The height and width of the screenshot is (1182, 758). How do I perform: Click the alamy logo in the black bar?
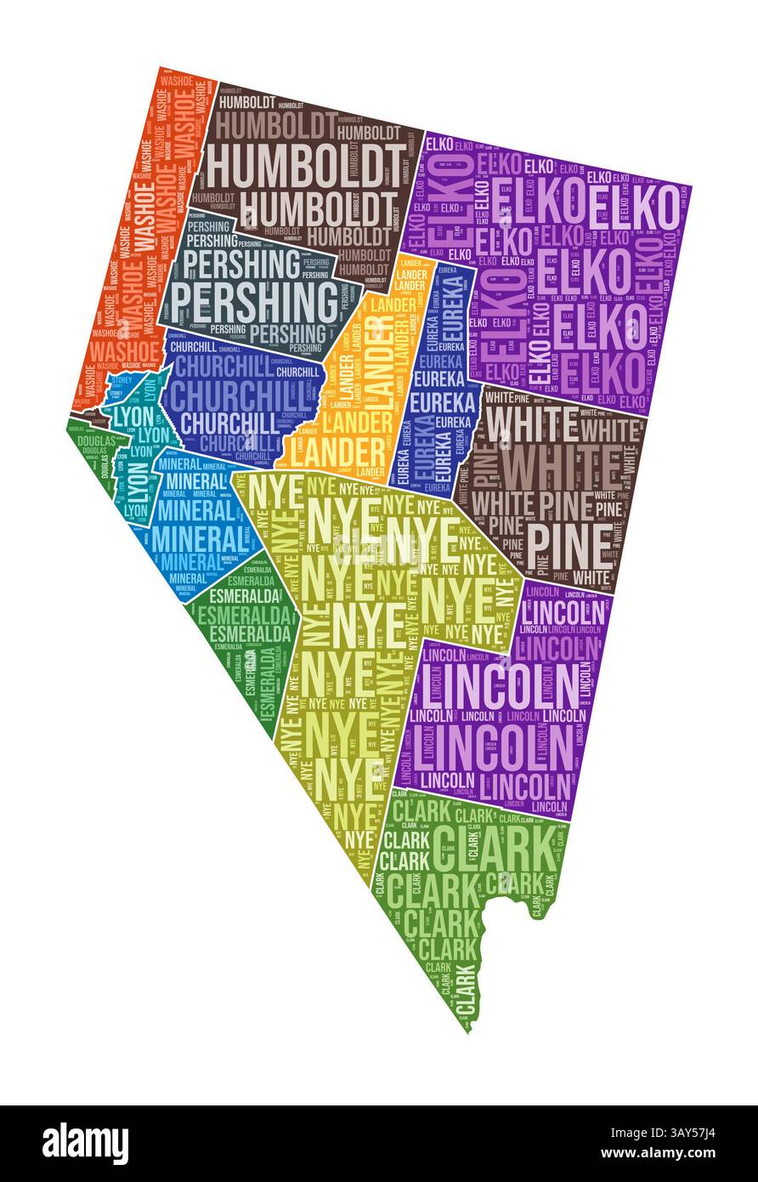[x=86, y=1143]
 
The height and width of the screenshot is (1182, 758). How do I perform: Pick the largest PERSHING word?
[x=255, y=299]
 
